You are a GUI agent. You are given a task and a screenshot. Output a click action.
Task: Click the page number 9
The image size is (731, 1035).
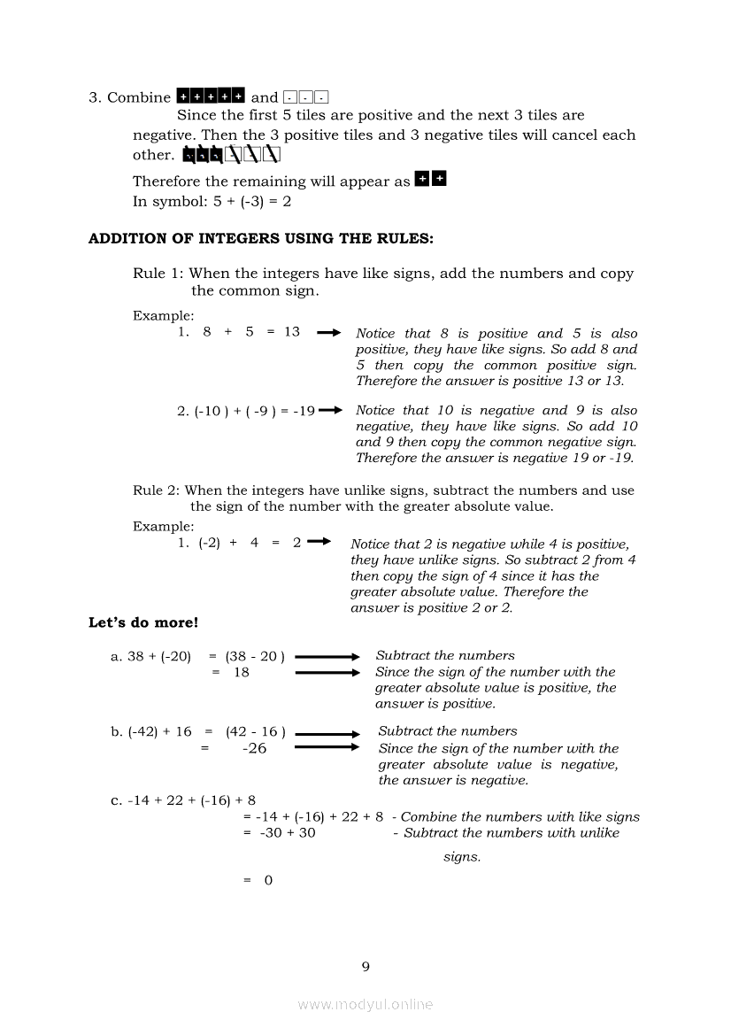click(365, 966)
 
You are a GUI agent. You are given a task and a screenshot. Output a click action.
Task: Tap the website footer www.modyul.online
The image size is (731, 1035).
click(365, 1004)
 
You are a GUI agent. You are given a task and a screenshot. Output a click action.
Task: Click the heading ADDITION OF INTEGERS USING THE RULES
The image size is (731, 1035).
click(261, 238)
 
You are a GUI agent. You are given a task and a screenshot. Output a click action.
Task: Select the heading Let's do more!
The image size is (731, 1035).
click(143, 622)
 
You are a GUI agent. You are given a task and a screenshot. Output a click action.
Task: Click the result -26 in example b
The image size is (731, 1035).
click(254, 748)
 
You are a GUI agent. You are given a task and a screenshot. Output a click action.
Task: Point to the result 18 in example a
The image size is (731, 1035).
click(242, 672)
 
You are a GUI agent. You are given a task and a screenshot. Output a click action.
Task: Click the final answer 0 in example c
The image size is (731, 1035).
click(268, 880)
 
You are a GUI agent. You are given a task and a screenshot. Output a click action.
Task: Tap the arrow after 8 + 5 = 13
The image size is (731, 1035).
click(328, 333)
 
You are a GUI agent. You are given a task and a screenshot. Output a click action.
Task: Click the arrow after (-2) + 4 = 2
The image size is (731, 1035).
click(319, 542)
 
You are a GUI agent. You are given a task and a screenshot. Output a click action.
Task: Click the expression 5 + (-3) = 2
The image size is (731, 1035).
click(252, 201)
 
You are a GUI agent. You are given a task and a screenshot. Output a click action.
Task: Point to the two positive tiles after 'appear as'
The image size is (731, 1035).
click(431, 180)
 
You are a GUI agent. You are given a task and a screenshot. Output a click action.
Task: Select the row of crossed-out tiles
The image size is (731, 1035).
click(231, 156)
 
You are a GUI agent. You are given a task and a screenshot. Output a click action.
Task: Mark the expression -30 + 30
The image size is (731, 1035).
click(287, 832)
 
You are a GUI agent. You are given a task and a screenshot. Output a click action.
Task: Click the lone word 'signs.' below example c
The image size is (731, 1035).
click(462, 857)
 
